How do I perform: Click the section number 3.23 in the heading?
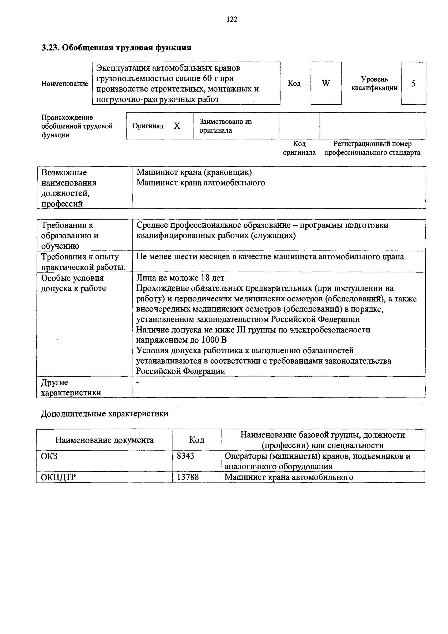[x=50, y=48]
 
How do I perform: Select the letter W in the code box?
[x=326, y=83]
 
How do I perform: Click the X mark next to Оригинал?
[x=177, y=126]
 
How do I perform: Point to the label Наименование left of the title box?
[x=65, y=83]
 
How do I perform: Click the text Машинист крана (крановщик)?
[x=194, y=172]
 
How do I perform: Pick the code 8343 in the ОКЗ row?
[x=185, y=456]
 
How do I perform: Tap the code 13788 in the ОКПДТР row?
[x=188, y=477]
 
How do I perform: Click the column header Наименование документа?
[x=104, y=440]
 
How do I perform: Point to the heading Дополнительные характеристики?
[x=105, y=414]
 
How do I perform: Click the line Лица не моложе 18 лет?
[x=180, y=278]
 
